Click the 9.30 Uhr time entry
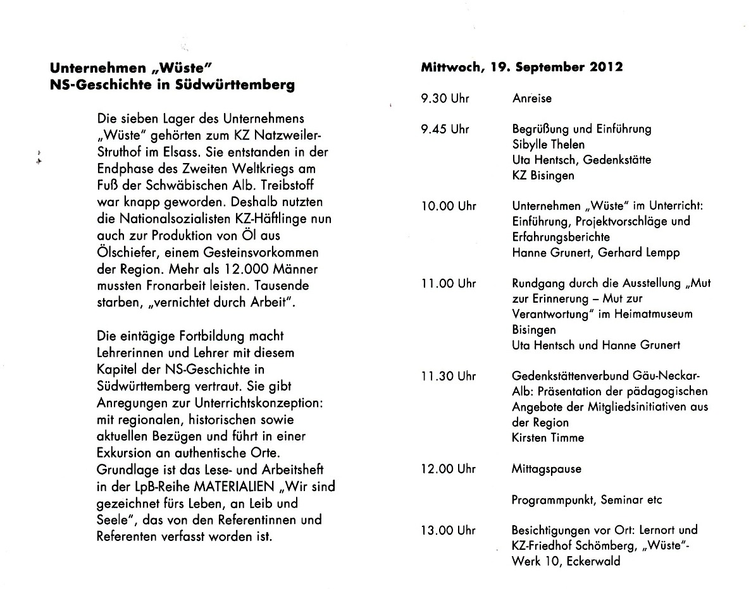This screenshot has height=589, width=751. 445,99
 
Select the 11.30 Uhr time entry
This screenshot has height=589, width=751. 449,377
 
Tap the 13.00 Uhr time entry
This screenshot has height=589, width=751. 449,530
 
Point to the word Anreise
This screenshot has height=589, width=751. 531,99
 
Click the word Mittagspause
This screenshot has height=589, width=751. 546,470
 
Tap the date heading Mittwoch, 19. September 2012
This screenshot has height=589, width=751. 521,67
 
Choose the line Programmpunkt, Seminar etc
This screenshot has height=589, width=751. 587,500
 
